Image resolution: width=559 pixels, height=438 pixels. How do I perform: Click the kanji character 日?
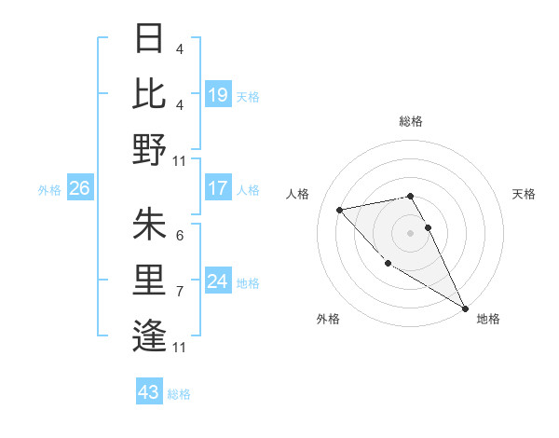149,40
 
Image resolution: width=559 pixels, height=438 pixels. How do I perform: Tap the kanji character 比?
149,94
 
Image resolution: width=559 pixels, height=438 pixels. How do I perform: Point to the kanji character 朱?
149,225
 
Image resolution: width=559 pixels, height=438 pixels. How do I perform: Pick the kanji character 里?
149,279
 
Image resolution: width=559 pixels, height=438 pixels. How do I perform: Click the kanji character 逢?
149,334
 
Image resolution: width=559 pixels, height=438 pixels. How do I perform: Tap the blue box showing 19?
218,94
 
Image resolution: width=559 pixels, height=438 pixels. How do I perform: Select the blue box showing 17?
218,188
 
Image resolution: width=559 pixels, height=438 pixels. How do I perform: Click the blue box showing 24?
218,281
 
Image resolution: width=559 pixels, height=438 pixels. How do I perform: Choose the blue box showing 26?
79,188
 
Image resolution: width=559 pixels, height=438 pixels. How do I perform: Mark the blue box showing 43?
148,392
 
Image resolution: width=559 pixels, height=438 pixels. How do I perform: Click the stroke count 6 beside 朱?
179,236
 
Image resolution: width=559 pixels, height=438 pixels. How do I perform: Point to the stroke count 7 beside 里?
179,292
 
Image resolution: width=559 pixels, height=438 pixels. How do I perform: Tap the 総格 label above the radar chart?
411,121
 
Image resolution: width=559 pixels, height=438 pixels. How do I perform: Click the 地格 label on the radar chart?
488,319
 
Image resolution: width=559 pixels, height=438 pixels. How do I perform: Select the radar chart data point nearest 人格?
340,209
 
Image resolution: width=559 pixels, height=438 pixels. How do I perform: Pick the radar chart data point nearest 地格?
465,308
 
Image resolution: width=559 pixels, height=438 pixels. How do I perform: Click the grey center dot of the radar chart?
410,232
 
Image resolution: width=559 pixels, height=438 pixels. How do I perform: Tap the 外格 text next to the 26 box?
49,190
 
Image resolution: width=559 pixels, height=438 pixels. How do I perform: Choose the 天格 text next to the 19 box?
248,96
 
